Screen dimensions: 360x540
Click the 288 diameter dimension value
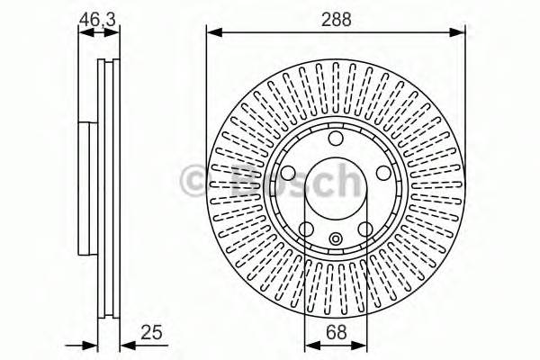pos(337,18)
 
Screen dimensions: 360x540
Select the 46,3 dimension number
pos(98,18)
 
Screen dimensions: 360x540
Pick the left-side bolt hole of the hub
pos(289,174)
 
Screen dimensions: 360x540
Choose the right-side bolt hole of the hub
pos(383,174)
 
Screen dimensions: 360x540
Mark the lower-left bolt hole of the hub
pos(307,229)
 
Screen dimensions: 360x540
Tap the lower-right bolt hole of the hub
pos(365,229)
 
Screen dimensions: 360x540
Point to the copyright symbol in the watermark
pos(195,180)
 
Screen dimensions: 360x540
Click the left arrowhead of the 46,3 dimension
pos(82,32)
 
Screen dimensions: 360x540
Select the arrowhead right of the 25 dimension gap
pos(125,346)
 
